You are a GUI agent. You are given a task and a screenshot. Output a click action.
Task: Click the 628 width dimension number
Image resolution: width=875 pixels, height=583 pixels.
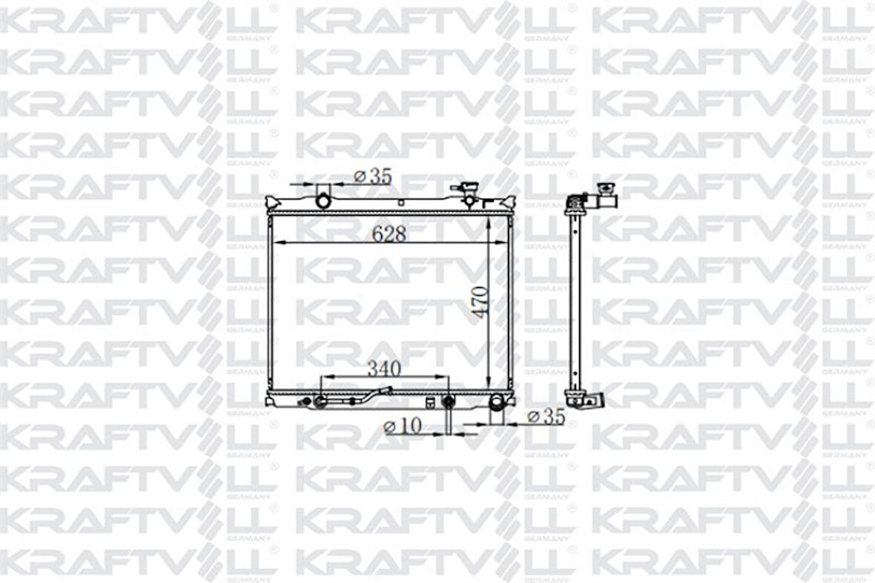tap(389, 234)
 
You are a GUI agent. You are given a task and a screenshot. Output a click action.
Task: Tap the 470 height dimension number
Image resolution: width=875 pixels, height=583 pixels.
tap(480, 302)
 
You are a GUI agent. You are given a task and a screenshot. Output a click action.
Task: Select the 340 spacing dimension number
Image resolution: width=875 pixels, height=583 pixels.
tap(384, 369)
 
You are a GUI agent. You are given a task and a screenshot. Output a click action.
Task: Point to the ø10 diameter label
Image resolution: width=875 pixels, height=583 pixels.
tap(403, 426)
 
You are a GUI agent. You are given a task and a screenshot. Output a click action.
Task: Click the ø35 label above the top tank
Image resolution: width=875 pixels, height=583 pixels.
tap(373, 177)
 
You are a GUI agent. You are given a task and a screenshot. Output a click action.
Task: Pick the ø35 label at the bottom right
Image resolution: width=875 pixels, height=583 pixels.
tap(547, 416)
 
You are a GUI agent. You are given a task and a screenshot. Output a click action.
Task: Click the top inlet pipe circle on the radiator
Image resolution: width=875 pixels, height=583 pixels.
tap(323, 200)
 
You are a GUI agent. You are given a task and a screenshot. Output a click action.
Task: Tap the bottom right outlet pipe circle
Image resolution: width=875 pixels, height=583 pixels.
tap(497, 401)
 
